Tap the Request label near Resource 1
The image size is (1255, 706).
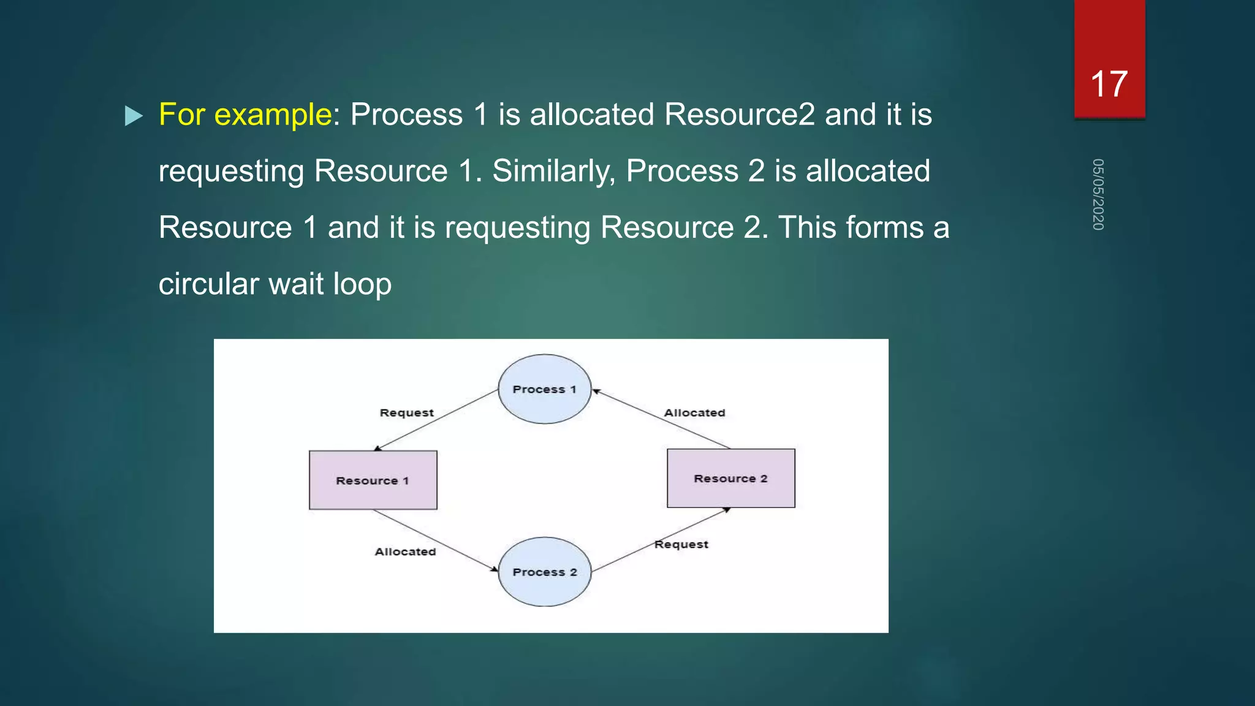pyautogui.click(x=406, y=413)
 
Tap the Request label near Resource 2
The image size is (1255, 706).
pyautogui.click(x=681, y=544)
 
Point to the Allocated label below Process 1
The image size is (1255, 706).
pyautogui.click(x=694, y=413)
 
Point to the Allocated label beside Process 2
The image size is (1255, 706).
pyautogui.click(x=405, y=552)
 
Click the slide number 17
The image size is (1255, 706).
pyautogui.click(x=1109, y=84)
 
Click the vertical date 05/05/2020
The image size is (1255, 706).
pyautogui.click(x=1098, y=194)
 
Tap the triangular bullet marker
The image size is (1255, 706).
pyautogui.click(x=133, y=116)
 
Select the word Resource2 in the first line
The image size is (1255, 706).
pyautogui.click(x=739, y=115)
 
